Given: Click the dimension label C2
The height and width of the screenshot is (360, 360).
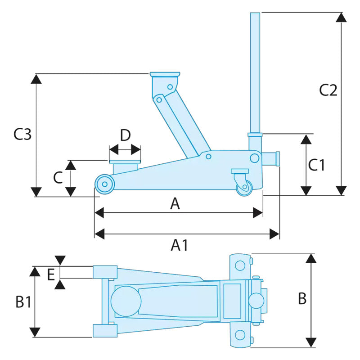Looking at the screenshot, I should (328, 90).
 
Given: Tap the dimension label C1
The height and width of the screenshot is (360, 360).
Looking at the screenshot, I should (316, 165).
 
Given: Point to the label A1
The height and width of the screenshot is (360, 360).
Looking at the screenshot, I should (180, 245).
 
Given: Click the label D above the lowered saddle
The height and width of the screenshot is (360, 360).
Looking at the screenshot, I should (125, 135).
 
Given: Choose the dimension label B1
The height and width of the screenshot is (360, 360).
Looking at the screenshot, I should (23, 302).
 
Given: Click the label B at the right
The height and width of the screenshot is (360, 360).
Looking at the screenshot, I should (302, 298).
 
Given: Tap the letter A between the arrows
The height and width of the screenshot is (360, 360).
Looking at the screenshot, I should (175, 204).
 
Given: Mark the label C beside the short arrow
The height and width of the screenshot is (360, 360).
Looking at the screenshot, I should (58, 178).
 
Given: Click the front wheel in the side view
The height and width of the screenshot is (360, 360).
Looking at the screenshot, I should (104, 184).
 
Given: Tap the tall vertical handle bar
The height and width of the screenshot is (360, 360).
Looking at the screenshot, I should (255, 72).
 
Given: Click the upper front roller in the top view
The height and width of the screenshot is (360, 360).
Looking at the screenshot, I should (105, 272).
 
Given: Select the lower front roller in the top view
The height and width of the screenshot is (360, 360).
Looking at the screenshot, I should (104, 331).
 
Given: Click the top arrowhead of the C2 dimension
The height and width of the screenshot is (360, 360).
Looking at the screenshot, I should (342, 18).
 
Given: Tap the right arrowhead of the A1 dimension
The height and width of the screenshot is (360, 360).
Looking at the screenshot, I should (275, 234).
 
